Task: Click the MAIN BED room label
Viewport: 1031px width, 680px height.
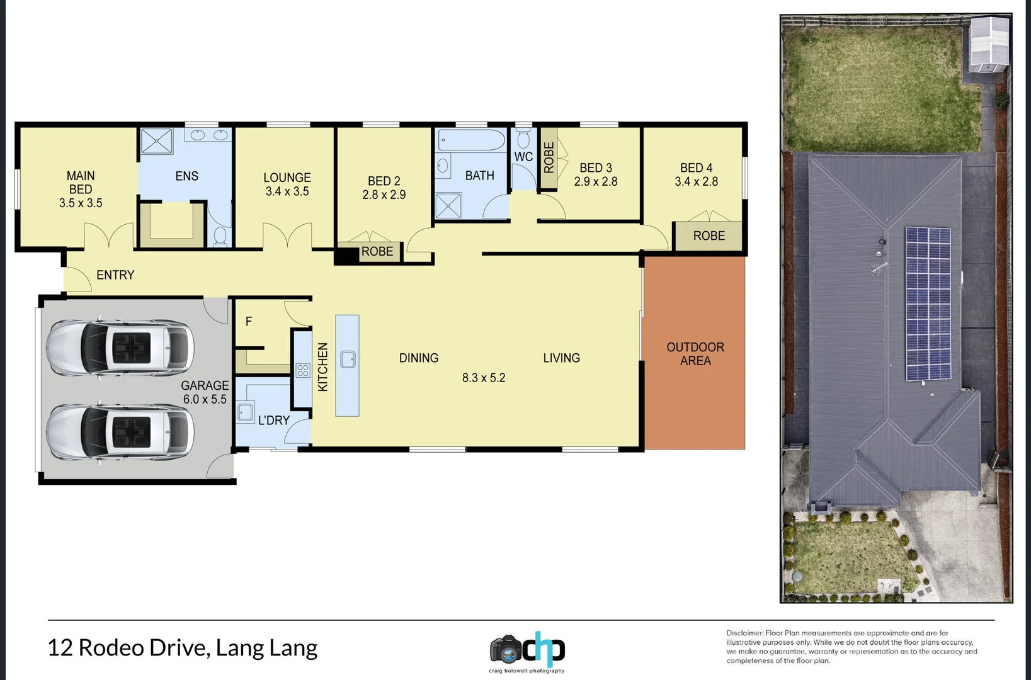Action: (x=81, y=183)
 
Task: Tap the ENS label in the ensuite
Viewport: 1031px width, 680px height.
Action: (x=186, y=176)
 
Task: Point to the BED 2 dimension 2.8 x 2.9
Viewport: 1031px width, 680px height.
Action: (x=384, y=195)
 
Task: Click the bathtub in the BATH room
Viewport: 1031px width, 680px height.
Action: (x=471, y=140)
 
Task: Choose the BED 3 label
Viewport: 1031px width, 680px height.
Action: (x=596, y=168)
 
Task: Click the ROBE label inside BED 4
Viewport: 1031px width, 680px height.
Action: (x=709, y=236)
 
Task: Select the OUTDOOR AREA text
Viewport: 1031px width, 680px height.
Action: (x=695, y=354)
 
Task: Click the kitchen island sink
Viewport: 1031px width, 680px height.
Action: (x=348, y=359)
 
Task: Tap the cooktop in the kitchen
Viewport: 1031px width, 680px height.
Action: (x=303, y=370)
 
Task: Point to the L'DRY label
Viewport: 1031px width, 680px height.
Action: (x=274, y=421)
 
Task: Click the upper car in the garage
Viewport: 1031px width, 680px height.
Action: (x=120, y=348)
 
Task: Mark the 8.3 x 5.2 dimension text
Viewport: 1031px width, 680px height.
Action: (x=484, y=378)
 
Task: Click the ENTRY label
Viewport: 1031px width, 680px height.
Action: (x=115, y=275)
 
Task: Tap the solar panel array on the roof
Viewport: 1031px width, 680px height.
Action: (x=928, y=303)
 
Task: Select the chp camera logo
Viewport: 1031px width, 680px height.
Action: (x=527, y=650)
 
